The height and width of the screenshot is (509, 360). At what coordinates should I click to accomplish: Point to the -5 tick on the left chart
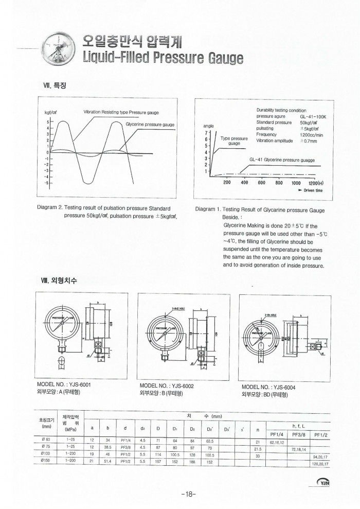point(47,183)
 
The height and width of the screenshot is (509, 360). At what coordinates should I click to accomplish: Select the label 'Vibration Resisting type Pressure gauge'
point(121,112)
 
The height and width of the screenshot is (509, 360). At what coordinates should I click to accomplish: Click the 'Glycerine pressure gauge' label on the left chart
point(150,125)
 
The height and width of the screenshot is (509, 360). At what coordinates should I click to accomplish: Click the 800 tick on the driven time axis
point(279,182)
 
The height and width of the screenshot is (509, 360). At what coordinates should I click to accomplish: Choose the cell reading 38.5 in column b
point(108,448)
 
